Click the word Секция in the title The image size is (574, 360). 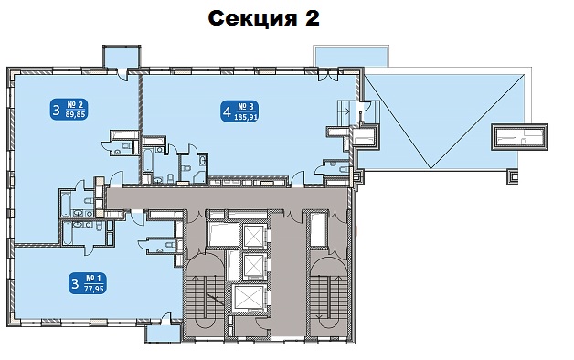coord(252,18)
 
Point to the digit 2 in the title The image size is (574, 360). coord(313,17)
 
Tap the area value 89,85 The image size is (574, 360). coord(75,114)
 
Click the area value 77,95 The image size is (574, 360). coord(94,289)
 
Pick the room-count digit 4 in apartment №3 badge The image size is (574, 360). coord(227,112)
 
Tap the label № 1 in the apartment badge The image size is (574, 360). coord(94,279)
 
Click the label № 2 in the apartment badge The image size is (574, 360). coord(75,105)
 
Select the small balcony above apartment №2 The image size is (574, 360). coord(122,57)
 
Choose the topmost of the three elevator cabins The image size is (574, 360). coord(253,236)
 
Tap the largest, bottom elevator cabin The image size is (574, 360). coord(248,298)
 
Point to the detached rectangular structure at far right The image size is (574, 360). coord(519,137)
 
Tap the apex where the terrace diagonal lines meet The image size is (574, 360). coord(430,168)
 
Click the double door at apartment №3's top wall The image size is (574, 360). coord(329,75)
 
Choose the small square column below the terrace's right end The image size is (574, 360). coord(512,177)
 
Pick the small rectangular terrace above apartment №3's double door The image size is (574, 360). coord(351,57)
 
